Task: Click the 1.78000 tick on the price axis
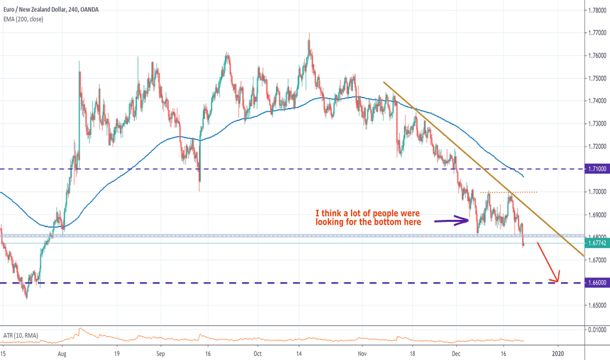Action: click(x=596, y=10)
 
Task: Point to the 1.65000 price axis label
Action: click(x=596, y=305)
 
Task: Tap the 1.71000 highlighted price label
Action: click(x=596, y=169)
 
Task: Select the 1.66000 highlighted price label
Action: click(x=596, y=283)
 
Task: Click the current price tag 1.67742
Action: click(x=596, y=243)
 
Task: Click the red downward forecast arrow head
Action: click(x=555, y=279)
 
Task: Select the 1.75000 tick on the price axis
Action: click(x=596, y=79)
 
